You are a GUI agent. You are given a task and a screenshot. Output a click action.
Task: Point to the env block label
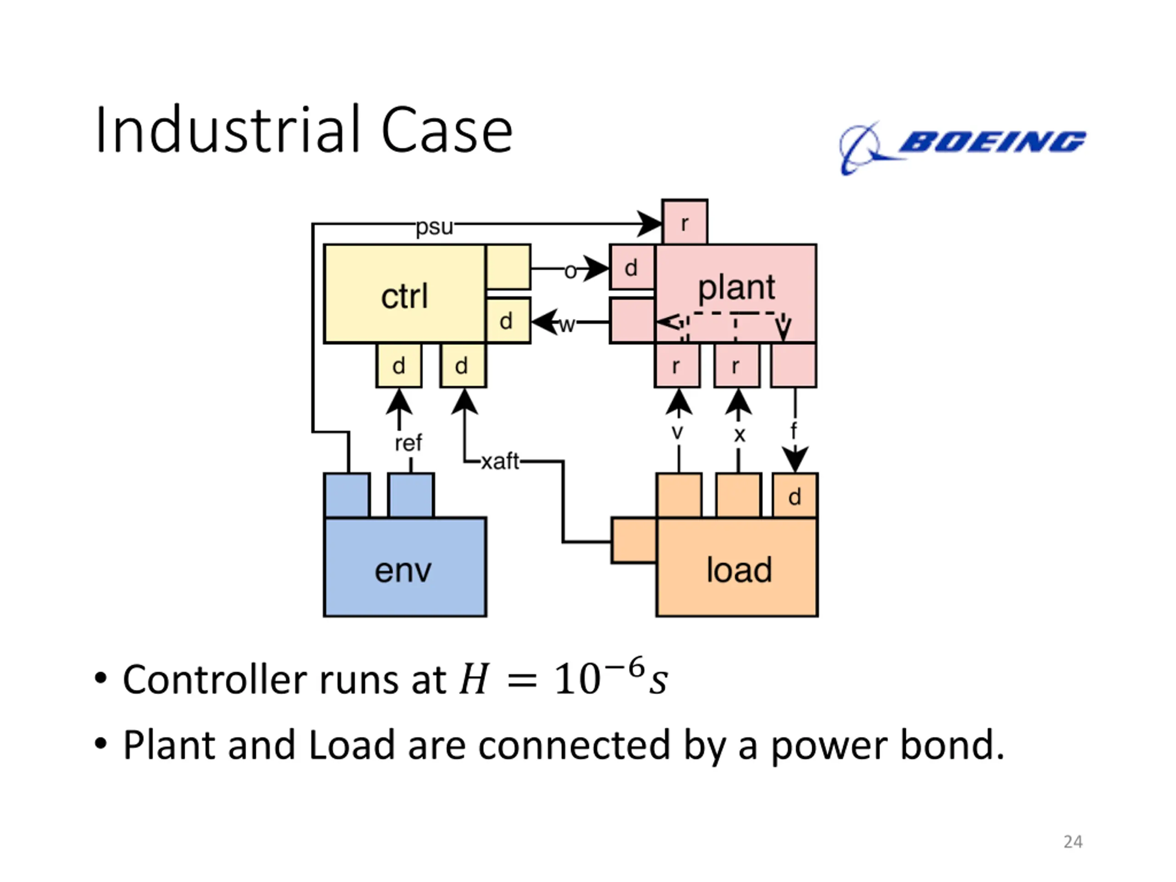pos(403,571)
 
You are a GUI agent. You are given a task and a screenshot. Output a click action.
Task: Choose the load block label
pos(739,570)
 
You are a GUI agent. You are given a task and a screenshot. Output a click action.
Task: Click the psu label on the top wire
pos(435,227)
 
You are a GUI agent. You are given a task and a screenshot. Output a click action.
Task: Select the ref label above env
pos(408,442)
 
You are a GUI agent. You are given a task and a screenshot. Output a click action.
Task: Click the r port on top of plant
pos(685,222)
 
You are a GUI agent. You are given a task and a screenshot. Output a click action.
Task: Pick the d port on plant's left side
pos(632,267)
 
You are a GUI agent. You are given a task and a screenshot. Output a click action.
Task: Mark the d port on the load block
pos(795,496)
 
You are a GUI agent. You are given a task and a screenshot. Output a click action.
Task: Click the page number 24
pos(1073,842)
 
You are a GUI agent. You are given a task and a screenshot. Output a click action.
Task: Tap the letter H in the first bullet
pos(474,679)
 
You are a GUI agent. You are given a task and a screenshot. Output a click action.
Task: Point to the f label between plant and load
pos(794,430)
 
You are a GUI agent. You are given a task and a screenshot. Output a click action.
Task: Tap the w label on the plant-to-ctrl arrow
pos(567,324)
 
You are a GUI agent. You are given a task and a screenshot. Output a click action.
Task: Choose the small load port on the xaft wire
pos(634,541)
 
